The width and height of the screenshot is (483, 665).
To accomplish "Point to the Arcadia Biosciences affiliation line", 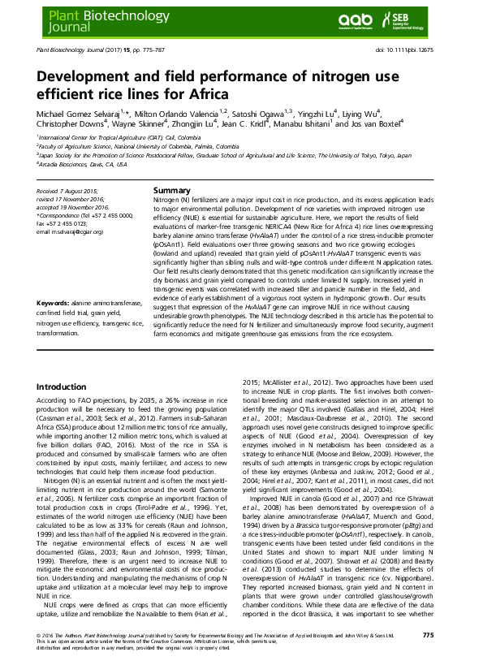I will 82,163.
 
